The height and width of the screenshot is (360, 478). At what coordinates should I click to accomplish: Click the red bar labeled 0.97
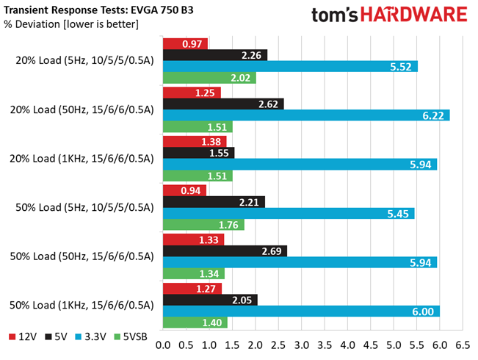(x=185, y=44)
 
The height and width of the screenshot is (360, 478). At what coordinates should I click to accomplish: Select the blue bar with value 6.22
(x=306, y=115)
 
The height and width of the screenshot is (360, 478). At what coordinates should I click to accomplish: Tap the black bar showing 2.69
(x=225, y=251)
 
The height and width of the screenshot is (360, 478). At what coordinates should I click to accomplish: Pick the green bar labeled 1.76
(x=203, y=225)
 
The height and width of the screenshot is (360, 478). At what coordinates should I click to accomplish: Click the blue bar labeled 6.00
(x=302, y=312)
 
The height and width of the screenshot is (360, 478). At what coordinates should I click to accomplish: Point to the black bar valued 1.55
(x=199, y=153)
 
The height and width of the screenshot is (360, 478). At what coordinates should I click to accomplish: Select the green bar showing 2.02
(x=209, y=78)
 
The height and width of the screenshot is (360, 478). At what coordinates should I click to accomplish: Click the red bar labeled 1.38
(x=195, y=142)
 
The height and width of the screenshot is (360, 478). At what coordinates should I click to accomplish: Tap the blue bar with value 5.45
(x=289, y=214)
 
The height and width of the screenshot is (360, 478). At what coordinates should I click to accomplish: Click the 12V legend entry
(x=23, y=336)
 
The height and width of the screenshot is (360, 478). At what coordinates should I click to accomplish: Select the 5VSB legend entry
(x=131, y=336)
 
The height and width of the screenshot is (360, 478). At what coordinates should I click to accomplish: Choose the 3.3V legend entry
(x=91, y=336)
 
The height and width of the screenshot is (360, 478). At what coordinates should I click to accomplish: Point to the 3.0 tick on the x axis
(x=302, y=345)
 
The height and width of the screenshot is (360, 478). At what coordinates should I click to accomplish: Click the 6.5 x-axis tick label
(x=463, y=345)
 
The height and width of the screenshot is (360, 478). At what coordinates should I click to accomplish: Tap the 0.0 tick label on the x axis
(x=163, y=345)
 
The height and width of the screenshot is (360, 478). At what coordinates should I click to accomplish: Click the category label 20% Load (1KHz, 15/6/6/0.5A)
(x=82, y=159)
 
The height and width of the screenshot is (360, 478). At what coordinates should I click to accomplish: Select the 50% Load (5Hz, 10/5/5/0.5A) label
(x=84, y=207)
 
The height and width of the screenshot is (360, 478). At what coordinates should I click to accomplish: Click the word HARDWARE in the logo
(x=414, y=15)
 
